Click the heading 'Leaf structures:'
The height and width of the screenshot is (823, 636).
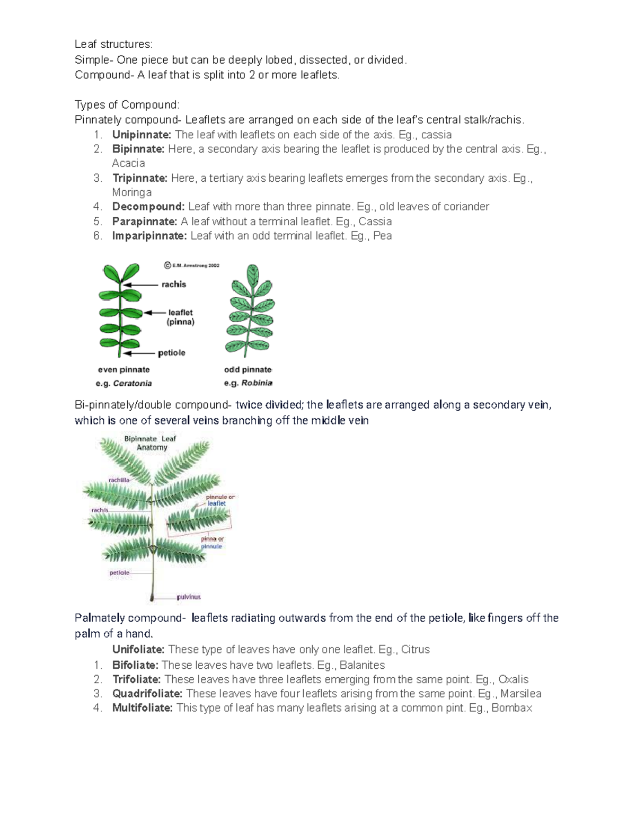click(113, 45)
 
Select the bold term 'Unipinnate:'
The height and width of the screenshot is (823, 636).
click(142, 135)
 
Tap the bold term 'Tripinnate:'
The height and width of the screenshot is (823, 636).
click(140, 178)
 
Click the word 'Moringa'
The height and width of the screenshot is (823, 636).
click(132, 192)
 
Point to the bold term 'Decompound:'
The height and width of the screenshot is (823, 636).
click(148, 207)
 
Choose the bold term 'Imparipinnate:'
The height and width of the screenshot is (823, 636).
click(149, 236)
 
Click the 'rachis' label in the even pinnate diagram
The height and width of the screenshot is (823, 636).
click(174, 285)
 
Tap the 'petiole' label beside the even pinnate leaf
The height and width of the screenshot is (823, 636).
click(172, 353)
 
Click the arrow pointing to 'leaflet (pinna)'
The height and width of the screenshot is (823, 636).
click(154, 313)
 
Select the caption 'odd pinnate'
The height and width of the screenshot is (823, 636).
click(248, 370)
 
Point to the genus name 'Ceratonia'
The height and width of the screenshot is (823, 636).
click(132, 383)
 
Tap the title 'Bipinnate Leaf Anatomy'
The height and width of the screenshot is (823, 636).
click(151, 443)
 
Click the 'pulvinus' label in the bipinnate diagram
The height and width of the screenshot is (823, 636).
click(189, 597)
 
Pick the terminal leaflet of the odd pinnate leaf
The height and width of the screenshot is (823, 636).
click(253, 275)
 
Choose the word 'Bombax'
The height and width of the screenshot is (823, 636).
click(511, 708)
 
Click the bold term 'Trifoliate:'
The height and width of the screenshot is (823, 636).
click(136, 679)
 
